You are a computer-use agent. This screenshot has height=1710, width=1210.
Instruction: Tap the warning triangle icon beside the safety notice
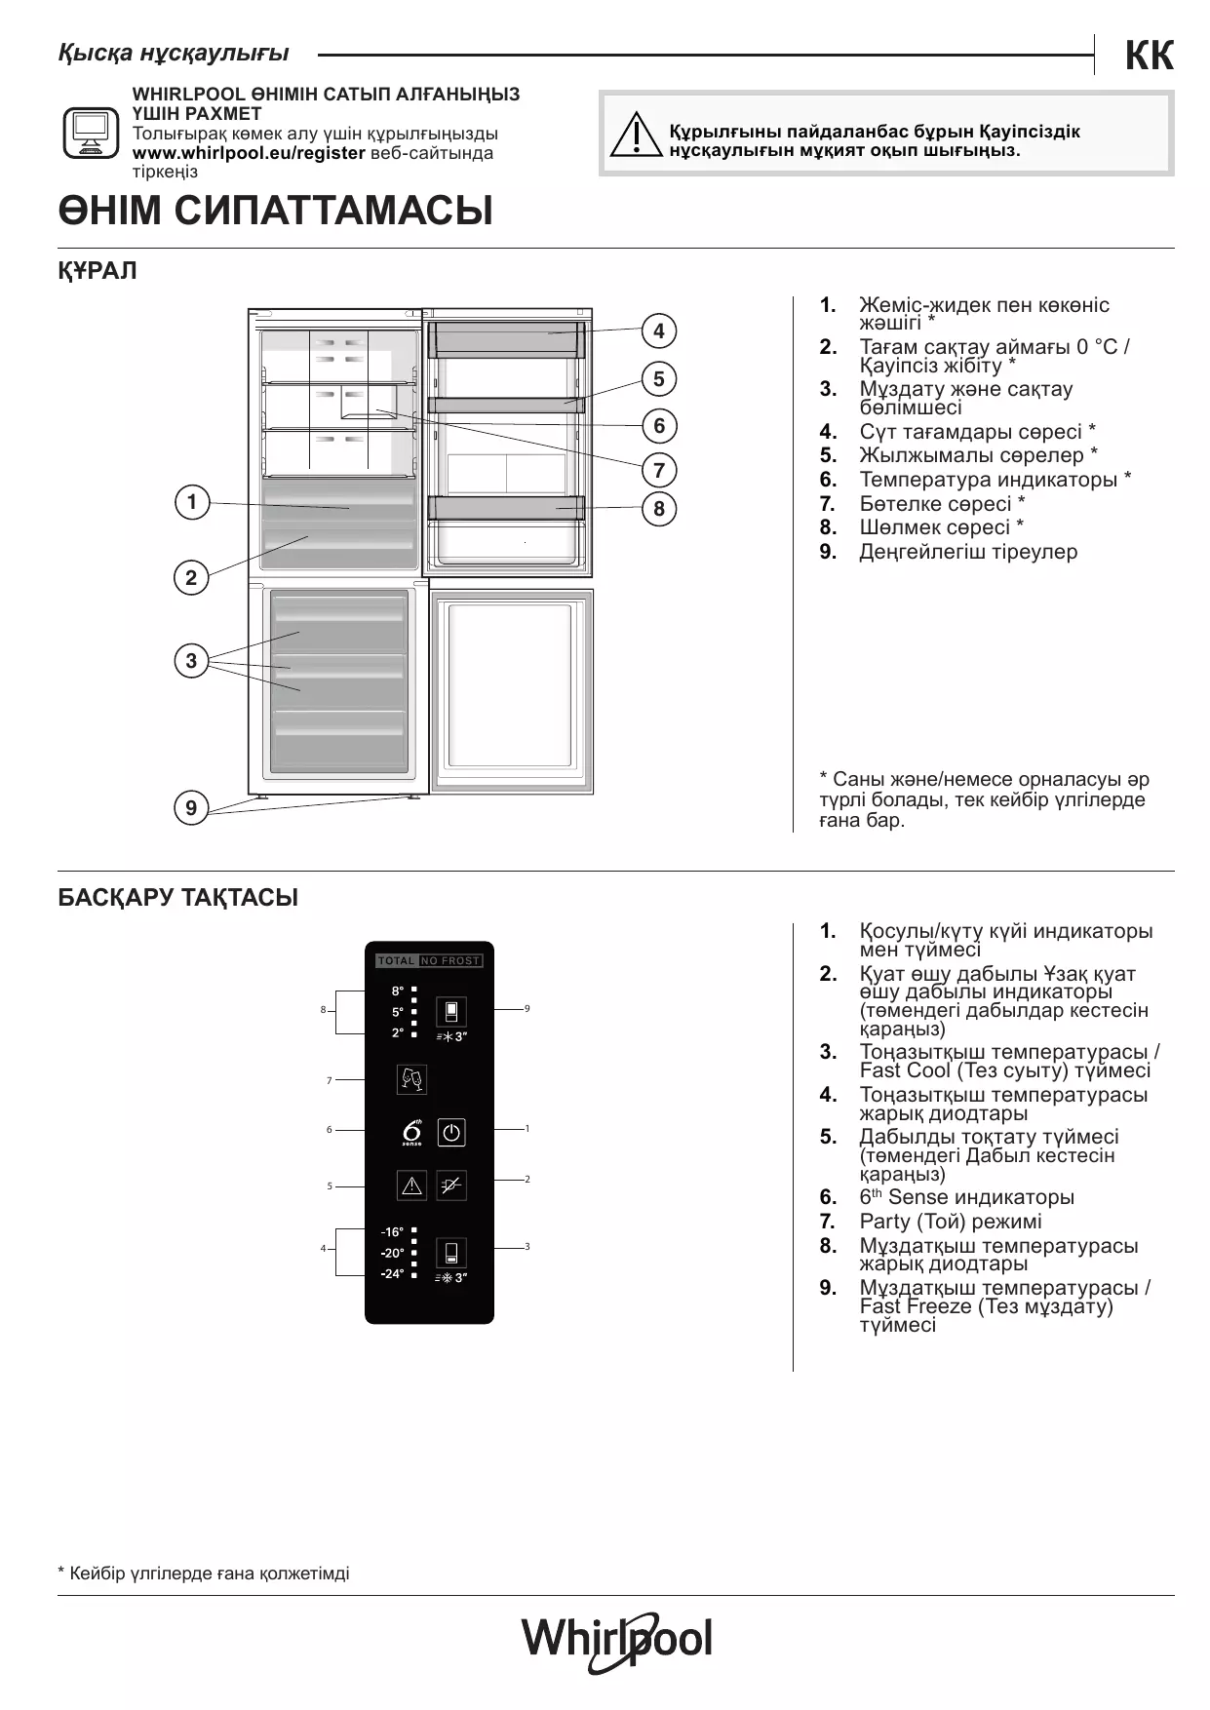point(635,136)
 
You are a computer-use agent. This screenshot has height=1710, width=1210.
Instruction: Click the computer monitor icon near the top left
point(92,132)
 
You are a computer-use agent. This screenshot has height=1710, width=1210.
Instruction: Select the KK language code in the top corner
point(1149,57)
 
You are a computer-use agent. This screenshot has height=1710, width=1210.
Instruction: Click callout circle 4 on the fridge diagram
point(659,330)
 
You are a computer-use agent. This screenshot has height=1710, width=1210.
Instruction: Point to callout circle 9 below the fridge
point(191,807)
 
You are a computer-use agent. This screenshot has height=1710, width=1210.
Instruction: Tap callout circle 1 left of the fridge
point(192,502)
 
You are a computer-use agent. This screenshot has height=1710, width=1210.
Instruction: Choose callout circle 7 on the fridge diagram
point(659,470)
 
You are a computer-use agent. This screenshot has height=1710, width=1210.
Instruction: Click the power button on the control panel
point(450,1132)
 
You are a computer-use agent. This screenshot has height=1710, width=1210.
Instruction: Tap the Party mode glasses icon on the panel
point(411,1079)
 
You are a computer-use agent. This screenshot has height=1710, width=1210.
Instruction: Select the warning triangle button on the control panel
point(411,1185)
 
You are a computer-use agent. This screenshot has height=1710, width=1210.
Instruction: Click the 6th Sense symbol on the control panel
point(412,1132)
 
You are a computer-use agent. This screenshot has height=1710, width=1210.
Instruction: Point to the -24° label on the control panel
point(392,1273)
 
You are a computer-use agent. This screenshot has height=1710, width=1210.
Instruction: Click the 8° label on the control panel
point(398,991)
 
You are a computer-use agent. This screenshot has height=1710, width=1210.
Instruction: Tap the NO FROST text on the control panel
point(450,961)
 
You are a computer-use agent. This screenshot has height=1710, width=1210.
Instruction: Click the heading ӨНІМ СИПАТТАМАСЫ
point(276,212)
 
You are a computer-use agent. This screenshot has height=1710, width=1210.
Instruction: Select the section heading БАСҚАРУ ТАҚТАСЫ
point(178,898)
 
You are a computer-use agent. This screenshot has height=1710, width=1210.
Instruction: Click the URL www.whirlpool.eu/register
point(249,153)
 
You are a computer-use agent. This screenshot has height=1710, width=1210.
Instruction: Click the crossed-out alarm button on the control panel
point(450,1185)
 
